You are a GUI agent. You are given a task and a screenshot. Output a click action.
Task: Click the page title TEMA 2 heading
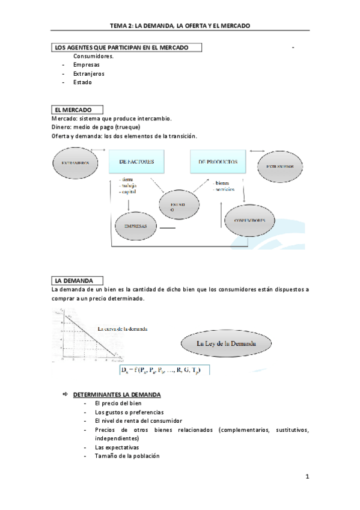[180, 26]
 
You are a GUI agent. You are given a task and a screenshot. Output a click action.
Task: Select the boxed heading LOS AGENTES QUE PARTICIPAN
[126, 47]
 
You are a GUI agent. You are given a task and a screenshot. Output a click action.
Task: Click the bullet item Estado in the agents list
[82, 82]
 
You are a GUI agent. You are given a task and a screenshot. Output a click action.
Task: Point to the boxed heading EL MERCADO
[77, 110]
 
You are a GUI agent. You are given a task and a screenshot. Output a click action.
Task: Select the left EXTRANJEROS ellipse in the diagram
[76, 163]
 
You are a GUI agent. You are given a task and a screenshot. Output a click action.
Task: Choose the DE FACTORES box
[137, 162]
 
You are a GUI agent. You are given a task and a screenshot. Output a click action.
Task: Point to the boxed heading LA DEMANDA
[77, 280]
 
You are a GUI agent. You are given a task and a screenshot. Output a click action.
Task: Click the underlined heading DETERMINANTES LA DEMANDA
[117, 395]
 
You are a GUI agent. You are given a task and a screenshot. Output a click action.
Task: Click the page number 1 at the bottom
[307, 478]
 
